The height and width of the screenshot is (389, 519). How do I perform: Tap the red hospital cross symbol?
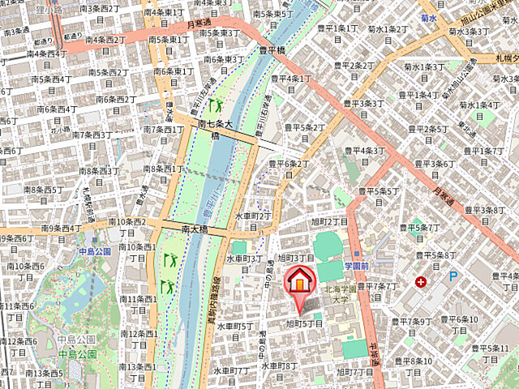[x=420, y=282]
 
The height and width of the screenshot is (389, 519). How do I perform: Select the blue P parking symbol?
[x=453, y=276]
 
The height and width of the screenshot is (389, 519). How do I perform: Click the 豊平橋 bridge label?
[x=273, y=49]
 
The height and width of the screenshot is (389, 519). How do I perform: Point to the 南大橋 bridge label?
[x=194, y=229]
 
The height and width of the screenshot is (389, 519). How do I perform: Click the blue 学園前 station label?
[x=356, y=266]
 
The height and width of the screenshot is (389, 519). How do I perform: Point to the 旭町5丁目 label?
[x=305, y=323]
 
